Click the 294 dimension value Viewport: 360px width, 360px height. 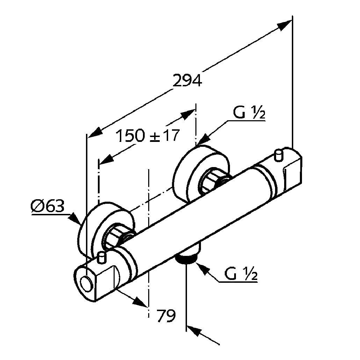[x=188, y=81]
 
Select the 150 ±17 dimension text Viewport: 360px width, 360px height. [x=147, y=136]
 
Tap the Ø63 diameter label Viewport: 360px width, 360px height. [x=48, y=207]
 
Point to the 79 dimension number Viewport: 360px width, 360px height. [x=165, y=316]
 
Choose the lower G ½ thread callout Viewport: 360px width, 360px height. [x=241, y=274]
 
